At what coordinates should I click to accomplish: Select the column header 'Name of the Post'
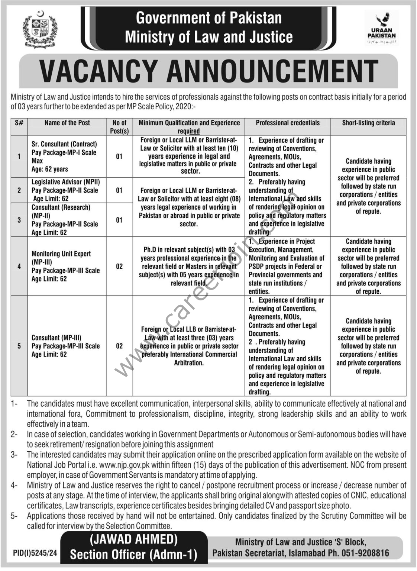[67, 123]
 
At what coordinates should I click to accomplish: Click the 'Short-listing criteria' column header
[368, 123]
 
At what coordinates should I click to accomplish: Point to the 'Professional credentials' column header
[288, 123]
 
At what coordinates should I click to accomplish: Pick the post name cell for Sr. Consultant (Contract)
[64, 157]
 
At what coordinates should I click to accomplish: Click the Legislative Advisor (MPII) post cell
[65, 190]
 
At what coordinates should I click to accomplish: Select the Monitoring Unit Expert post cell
[65, 266]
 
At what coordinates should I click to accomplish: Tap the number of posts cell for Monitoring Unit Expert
[119, 266]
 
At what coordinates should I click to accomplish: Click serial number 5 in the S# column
[19, 346]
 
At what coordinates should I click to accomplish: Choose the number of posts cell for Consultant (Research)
[119, 220]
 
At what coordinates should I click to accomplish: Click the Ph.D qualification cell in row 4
[189, 266]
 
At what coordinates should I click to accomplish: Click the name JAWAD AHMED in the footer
[133, 539]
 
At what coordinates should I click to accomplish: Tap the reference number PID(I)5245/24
[35, 553]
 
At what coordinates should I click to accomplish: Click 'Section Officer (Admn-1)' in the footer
[133, 555]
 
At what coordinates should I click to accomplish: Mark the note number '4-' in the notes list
[14, 485]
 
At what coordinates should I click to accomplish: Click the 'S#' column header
[19, 123]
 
